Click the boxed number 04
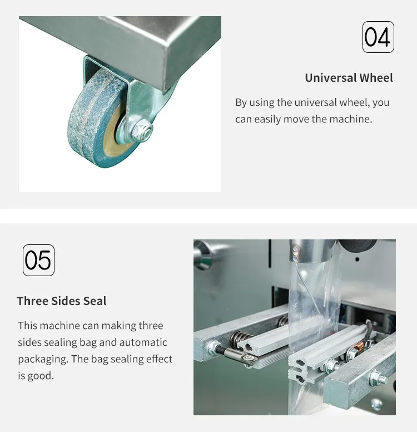378,37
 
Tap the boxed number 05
38,260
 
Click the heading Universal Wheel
349,78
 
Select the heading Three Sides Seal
62,301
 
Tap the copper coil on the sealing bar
358,343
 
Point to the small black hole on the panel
358,259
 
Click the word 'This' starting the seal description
28,326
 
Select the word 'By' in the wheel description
241,103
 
